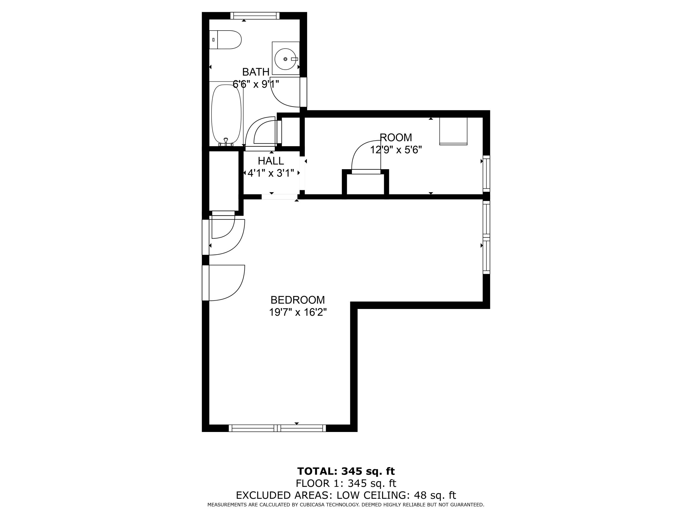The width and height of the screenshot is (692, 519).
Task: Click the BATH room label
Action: pyautogui.click(x=256, y=72)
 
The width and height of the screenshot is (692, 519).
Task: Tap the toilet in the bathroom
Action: pyautogui.click(x=225, y=40)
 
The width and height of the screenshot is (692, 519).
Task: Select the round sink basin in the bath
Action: pyautogui.click(x=285, y=59)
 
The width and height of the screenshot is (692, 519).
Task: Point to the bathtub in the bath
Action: pyautogui.click(x=226, y=115)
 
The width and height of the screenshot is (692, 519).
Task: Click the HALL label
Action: pyautogui.click(x=271, y=161)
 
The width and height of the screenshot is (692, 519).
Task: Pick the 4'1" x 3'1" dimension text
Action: pyautogui.click(x=271, y=173)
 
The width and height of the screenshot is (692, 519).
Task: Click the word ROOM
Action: pyautogui.click(x=396, y=137)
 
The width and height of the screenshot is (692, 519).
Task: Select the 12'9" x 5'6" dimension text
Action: pyautogui.click(x=396, y=150)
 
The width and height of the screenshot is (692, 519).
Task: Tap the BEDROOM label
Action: pyautogui.click(x=298, y=300)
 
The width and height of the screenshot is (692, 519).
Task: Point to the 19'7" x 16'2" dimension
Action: pyautogui.click(x=298, y=312)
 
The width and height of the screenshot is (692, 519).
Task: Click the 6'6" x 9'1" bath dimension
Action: pyautogui.click(x=256, y=84)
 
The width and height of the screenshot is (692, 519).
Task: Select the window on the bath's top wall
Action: pyautogui.click(x=255, y=16)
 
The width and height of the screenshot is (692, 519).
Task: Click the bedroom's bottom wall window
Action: pyautogui.click(x=277, y=428)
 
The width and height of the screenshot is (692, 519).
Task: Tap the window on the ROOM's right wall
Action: pyautogui.click(x=486, y=174)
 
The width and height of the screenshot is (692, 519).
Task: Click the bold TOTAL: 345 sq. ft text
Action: pyautogui.click(x=346, y=471)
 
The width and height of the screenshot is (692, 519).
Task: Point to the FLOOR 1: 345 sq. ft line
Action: pyautogui.click(x=346, y=483)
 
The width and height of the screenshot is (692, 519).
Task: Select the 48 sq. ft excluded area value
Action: pyautogui.click(x=435, y=495)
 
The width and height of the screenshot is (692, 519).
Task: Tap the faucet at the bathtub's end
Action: pyautogui.click(x=226, y=142)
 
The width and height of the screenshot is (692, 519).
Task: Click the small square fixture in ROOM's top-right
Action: pyautogui.click(x=453, y=131)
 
